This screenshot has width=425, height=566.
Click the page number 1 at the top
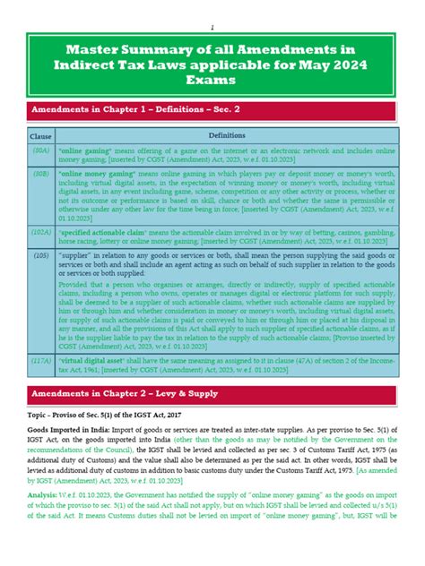tap(212, 27)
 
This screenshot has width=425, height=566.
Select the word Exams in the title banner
tap(212, 80)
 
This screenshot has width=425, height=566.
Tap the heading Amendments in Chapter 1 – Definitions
tap(134, 109)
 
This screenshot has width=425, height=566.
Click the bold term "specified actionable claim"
tap(101, 230)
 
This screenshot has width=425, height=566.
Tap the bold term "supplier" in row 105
tap(77, 254)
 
